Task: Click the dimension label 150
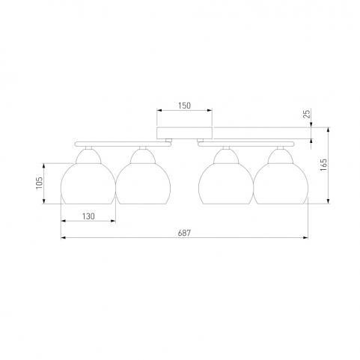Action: (x=184, y=106)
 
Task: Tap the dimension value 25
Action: (x=308, y=114)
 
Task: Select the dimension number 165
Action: (x=323, y=165)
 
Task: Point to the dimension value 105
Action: (x=40, y=183)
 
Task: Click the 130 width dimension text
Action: (x=88, y=216)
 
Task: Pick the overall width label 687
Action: (x=184, y=233)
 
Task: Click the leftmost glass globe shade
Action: (x=88, y=183)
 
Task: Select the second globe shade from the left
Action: (x=143, y=183)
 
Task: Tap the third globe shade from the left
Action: (x=226, y=183)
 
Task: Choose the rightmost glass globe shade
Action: (x=281, y=183)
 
